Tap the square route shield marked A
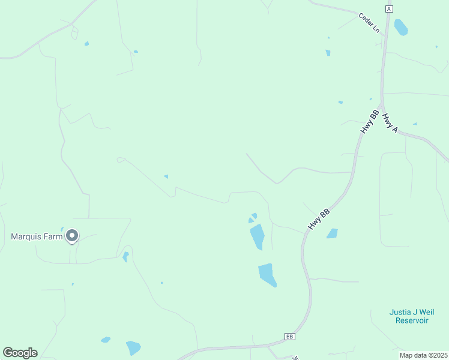point(389,9)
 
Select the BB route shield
point(290,337)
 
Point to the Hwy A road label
point(390,123)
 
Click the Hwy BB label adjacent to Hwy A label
point(369,122)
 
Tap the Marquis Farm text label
point(37,236)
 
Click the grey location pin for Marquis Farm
point(72,236)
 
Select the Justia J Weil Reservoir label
point(411,316)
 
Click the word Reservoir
point(411,320)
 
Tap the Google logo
point(20,352)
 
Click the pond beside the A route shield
point(400,27)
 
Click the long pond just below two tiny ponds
point(257,236)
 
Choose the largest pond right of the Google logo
point(133,347)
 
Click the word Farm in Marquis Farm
point(54,236)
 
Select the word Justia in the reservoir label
point(400,311)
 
